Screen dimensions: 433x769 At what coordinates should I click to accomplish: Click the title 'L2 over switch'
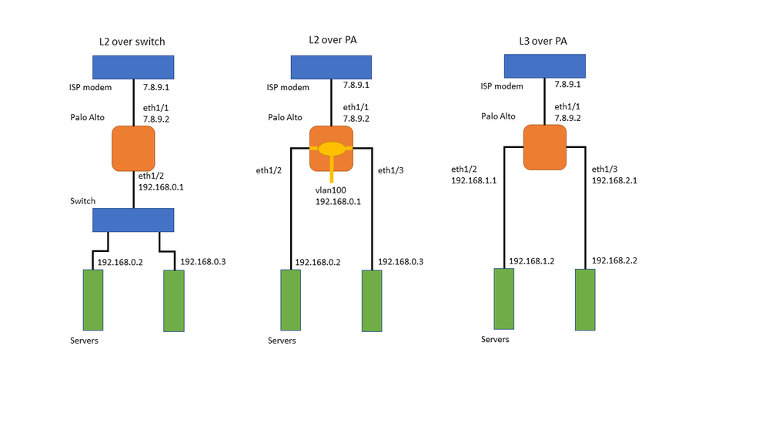(134, 42)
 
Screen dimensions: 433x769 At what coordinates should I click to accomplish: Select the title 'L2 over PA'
(329, 39)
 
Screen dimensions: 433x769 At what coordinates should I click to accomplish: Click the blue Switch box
(134, 220)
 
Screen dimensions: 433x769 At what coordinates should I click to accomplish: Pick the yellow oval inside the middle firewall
(332, 147)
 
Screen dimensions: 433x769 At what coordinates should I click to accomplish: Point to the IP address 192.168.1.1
(474, 181)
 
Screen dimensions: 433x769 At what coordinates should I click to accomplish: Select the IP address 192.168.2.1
(614, 181)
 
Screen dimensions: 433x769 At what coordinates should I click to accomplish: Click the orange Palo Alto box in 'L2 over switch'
(134, 149)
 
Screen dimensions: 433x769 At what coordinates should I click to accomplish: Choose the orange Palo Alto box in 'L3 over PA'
(545, 148)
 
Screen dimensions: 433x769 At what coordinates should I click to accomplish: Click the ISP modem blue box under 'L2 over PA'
(330, 67)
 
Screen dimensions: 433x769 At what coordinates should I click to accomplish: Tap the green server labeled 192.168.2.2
(585, 300)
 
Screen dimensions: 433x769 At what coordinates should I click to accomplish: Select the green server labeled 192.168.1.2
(504, 299)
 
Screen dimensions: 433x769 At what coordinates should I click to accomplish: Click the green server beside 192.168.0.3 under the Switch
(174, 300)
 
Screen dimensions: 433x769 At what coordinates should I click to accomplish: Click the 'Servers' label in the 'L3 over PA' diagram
(495, 339)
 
